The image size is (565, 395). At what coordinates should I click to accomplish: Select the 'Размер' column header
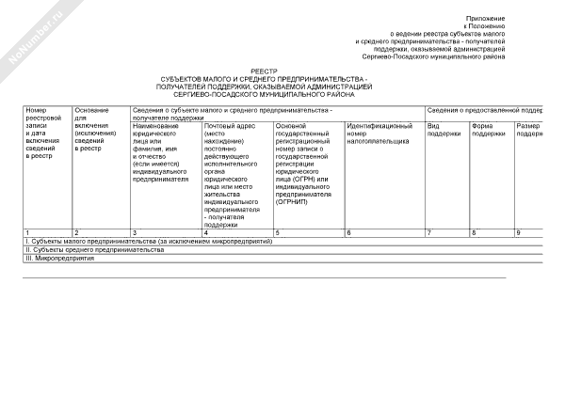click(527, 126)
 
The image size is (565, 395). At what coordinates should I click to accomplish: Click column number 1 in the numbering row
click(28, 232)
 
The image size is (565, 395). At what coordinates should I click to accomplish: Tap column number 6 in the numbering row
click(348, 232)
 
